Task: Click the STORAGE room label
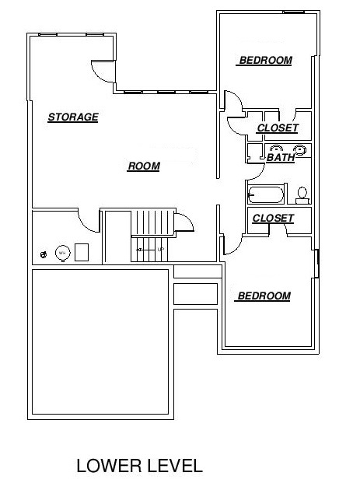73,117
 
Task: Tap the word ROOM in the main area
144,166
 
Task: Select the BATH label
281,157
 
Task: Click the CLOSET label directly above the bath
278,128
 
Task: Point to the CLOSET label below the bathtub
273,218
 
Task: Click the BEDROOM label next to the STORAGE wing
265,60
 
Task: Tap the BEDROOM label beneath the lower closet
264,296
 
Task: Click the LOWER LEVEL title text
139,465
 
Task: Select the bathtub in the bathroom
266,194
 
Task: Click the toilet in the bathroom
302,195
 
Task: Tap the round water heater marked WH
63,253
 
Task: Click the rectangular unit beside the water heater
82,252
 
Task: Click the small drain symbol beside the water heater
44,254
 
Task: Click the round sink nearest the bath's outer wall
299,150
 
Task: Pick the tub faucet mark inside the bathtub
251,194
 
